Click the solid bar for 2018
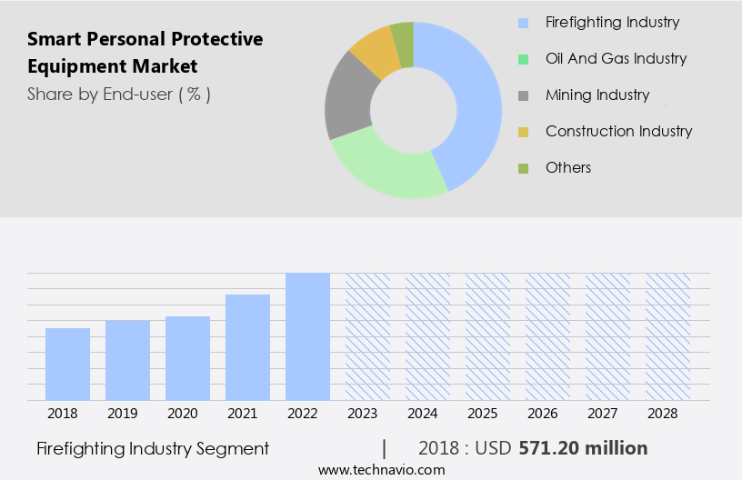click(x=67, y=364)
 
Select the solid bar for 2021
click(x=247, y=347)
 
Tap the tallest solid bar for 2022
click(x=307, y=336)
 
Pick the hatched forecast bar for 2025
click(x=487, y=336)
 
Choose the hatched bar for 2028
click(x=667, y=336)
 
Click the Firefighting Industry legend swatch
click(x=523, y=23)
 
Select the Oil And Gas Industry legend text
click(x=616, y=58)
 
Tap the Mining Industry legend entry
click(x=597, y=95)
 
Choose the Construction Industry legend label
click(x=618, y=131)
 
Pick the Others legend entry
click(x=567, y=167)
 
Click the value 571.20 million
click(x=583, y=448)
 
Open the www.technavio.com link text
click(x=382, y=469)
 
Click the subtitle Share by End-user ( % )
click(x=119, y=94)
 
